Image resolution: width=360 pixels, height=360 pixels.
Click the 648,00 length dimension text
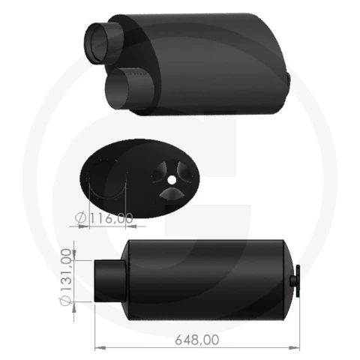pos(197,340)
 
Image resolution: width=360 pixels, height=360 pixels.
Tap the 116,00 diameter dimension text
pos(111,218)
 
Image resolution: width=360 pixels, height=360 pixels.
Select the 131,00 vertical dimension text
pos(67,269)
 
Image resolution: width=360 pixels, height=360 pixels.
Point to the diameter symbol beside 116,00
pos(80,217)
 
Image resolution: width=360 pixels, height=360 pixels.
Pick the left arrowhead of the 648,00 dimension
pos(100,348)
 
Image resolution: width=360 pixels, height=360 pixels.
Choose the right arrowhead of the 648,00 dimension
pos(294,348)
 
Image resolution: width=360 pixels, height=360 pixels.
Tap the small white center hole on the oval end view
pos(171,180)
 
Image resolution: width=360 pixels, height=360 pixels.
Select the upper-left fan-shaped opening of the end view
pos(159,172)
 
